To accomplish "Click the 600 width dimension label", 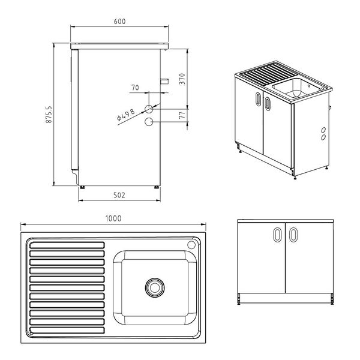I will point(119,22).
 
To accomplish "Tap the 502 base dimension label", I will point(119,194).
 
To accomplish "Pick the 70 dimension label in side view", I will point(135,88).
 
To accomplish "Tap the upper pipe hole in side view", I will point(148,109).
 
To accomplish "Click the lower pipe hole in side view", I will point(148,122).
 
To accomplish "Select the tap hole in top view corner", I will point(191,245).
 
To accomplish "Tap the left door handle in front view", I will point(277,235).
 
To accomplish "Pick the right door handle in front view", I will point(294,235).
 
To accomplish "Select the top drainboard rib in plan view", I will point(67,245).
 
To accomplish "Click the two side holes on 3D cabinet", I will point(323,133).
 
